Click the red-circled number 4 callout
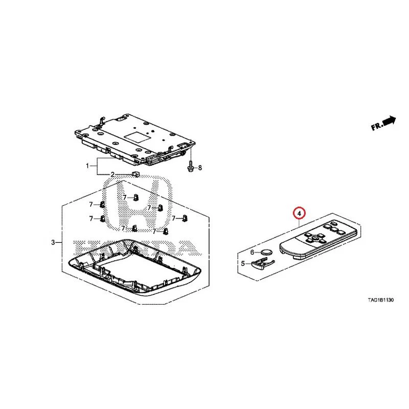coord(299,213)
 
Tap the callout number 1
coord(87,166)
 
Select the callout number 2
coord(112,174)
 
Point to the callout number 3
coord(53,242)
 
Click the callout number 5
coord(243,263)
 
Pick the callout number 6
coord(252,252)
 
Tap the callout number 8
coord(200,168)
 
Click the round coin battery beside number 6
coord(266,252)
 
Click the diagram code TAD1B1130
coord(380,300)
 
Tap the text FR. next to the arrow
coord(377,126)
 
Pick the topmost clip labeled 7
coord(135,197)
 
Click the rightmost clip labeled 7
coord(185,218)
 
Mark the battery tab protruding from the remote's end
coord(297,257)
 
